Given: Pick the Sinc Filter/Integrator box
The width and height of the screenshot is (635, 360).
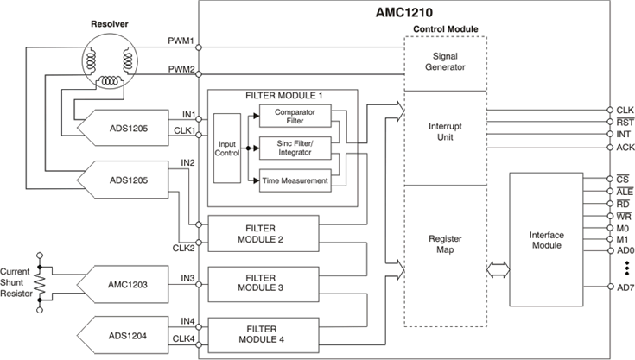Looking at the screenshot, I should pos(295,148).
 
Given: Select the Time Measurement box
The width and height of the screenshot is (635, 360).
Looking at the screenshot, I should pos(295,180).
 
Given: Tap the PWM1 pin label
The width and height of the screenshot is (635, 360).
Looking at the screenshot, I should pos(181,41).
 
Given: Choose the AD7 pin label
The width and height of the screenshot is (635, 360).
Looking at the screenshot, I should pos(625,288).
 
